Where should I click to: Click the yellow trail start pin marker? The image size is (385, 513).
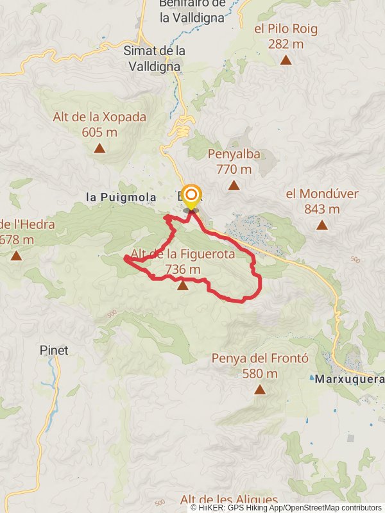point(191,196)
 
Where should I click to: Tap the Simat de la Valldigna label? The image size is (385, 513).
point(154,57)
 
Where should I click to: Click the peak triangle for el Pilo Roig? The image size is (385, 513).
point(286,60)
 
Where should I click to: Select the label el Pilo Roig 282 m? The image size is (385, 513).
point(286,36)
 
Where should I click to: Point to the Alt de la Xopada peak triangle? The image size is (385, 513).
point(99,149)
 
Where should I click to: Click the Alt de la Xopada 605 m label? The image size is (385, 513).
point(99,124)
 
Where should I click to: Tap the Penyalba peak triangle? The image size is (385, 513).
point(234,185)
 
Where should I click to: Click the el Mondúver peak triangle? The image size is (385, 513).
point(321,224)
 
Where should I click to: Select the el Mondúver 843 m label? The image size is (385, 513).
point(321,201)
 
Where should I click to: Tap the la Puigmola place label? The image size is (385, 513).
point(121,198)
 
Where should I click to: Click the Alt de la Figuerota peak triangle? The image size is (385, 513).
point(183,285)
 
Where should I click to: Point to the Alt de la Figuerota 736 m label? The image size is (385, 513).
point(183,262)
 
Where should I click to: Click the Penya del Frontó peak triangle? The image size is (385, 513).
point(260,389)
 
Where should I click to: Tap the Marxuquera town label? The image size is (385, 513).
point(349,379)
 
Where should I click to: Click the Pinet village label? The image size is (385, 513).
point(54,351)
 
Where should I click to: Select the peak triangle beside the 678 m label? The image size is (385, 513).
point(16,255)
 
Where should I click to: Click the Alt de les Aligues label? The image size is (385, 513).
point(229,500)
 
